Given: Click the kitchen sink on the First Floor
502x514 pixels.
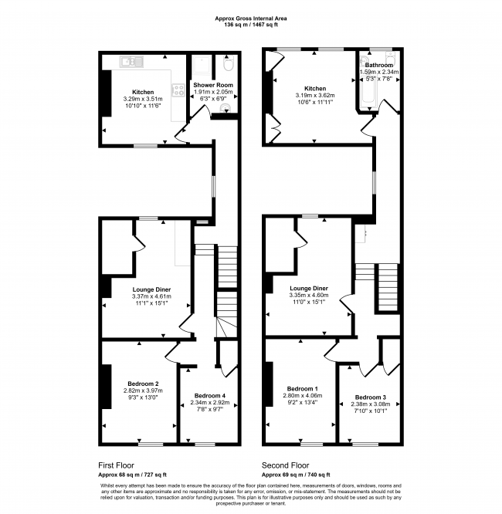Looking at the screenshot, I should click(129, 61).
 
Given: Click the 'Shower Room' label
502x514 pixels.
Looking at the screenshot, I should click(212, 84).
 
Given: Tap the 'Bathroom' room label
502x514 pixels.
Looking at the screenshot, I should click(379, 66).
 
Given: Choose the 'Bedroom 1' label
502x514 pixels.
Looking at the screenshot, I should click(301, 388).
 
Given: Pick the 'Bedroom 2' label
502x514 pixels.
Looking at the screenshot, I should click(143, 384).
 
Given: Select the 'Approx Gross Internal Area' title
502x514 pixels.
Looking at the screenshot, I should click(250, 17).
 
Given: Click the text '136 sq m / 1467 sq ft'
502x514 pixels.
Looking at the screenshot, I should click(250, 24).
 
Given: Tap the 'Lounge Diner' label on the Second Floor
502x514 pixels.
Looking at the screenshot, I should click(308, 289).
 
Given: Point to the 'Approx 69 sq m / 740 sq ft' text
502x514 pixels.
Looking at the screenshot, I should click(297, 475).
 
